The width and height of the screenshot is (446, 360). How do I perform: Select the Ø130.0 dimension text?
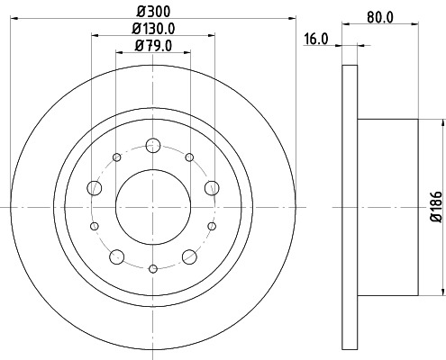pos(152,30)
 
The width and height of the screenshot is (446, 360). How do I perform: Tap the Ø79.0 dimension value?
pos(152,46)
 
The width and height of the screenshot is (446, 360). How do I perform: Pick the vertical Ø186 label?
pos(435,207)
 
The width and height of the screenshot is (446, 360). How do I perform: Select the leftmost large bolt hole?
pos(95,188)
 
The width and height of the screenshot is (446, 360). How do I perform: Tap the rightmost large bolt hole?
pos(212,187)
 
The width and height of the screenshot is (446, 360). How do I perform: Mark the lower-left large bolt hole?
pos(116,256)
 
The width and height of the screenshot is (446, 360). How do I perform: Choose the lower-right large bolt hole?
pos(189,256)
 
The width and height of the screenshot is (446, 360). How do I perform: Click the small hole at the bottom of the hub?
pos(153,268)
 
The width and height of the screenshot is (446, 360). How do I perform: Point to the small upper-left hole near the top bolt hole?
pos(117,157)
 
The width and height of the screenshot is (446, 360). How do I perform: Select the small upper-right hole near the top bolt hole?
pos(188,157)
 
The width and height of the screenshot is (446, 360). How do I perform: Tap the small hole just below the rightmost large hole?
pos(212,225)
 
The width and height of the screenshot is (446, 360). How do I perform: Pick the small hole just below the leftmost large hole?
pos(95,225)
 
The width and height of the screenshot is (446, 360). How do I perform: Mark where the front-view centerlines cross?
pos(153,207)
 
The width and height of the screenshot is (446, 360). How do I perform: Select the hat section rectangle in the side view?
pos(387,207)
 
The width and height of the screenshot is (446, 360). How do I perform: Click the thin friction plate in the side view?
pos(350,207)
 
